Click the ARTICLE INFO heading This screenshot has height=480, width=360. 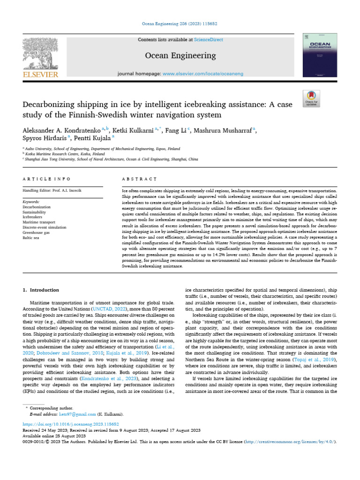pos(47,179)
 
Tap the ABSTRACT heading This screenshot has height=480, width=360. pos(139,179)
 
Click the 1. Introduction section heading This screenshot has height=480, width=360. pos(41,290)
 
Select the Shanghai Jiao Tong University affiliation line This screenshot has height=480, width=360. pos(112,159)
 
